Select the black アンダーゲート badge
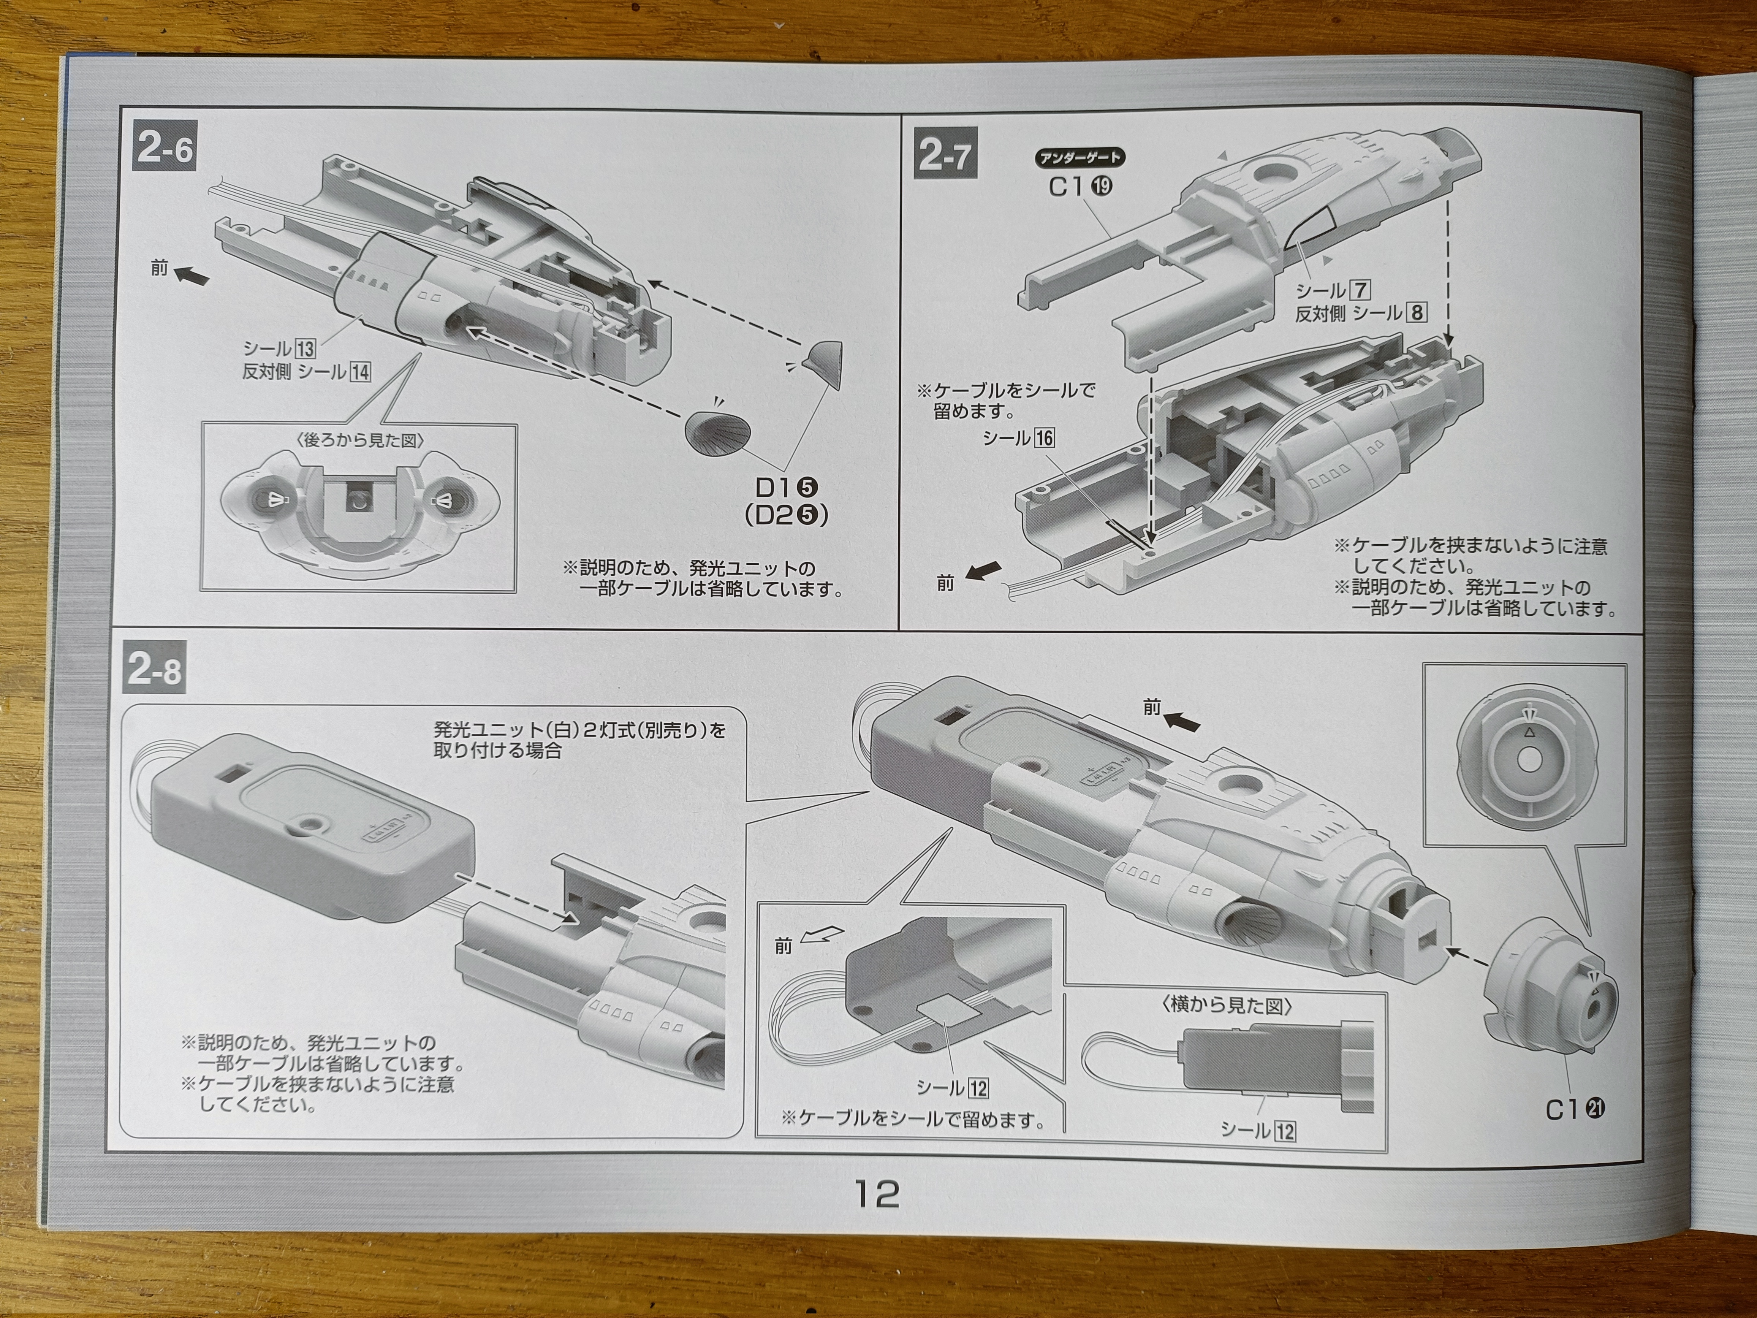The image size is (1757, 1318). (x=1080, y=157)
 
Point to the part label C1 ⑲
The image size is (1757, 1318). (x=1080, y=187)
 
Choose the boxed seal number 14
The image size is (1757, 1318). (x=360, y=372)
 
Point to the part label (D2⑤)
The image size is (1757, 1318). (x=787, y=516)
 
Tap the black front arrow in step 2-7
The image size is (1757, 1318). (x=983, y=570)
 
